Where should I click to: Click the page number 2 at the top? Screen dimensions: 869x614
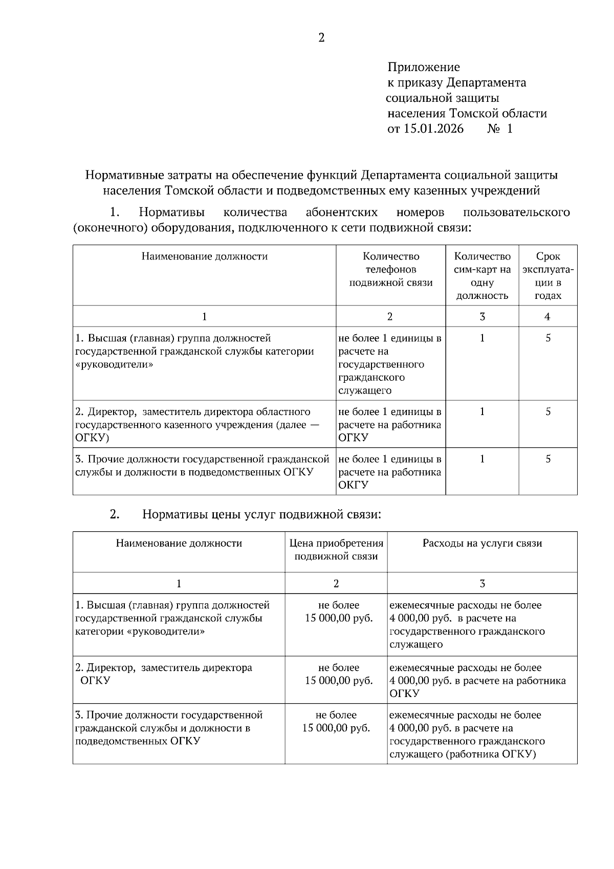coord(321,38)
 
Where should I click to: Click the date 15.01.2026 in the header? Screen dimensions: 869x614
coord(433,128)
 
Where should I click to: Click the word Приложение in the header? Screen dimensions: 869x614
coord(424,67)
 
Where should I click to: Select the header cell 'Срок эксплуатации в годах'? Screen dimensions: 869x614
coord(547,276)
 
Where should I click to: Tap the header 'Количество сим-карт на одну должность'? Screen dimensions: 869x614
coord(482,276)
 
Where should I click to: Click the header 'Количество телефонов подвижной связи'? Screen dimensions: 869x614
coord(390,270)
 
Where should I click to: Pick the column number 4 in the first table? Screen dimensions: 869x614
coord(547,317)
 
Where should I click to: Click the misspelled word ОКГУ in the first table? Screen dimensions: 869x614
coord(353,485)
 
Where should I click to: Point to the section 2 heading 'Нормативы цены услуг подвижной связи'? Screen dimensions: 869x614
coord(261,515)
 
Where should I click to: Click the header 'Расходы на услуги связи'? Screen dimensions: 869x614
coord(482,544)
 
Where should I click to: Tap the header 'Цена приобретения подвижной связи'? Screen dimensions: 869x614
coord(336,550)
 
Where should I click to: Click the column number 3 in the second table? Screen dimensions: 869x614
coord(482,583)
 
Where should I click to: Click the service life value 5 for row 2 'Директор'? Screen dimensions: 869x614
coord(547,412)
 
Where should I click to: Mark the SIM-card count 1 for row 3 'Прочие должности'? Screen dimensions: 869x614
coord(482,459)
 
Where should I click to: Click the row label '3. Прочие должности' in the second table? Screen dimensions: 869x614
coord(169,715)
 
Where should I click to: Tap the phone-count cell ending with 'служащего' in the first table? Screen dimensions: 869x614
coord(390,364)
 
